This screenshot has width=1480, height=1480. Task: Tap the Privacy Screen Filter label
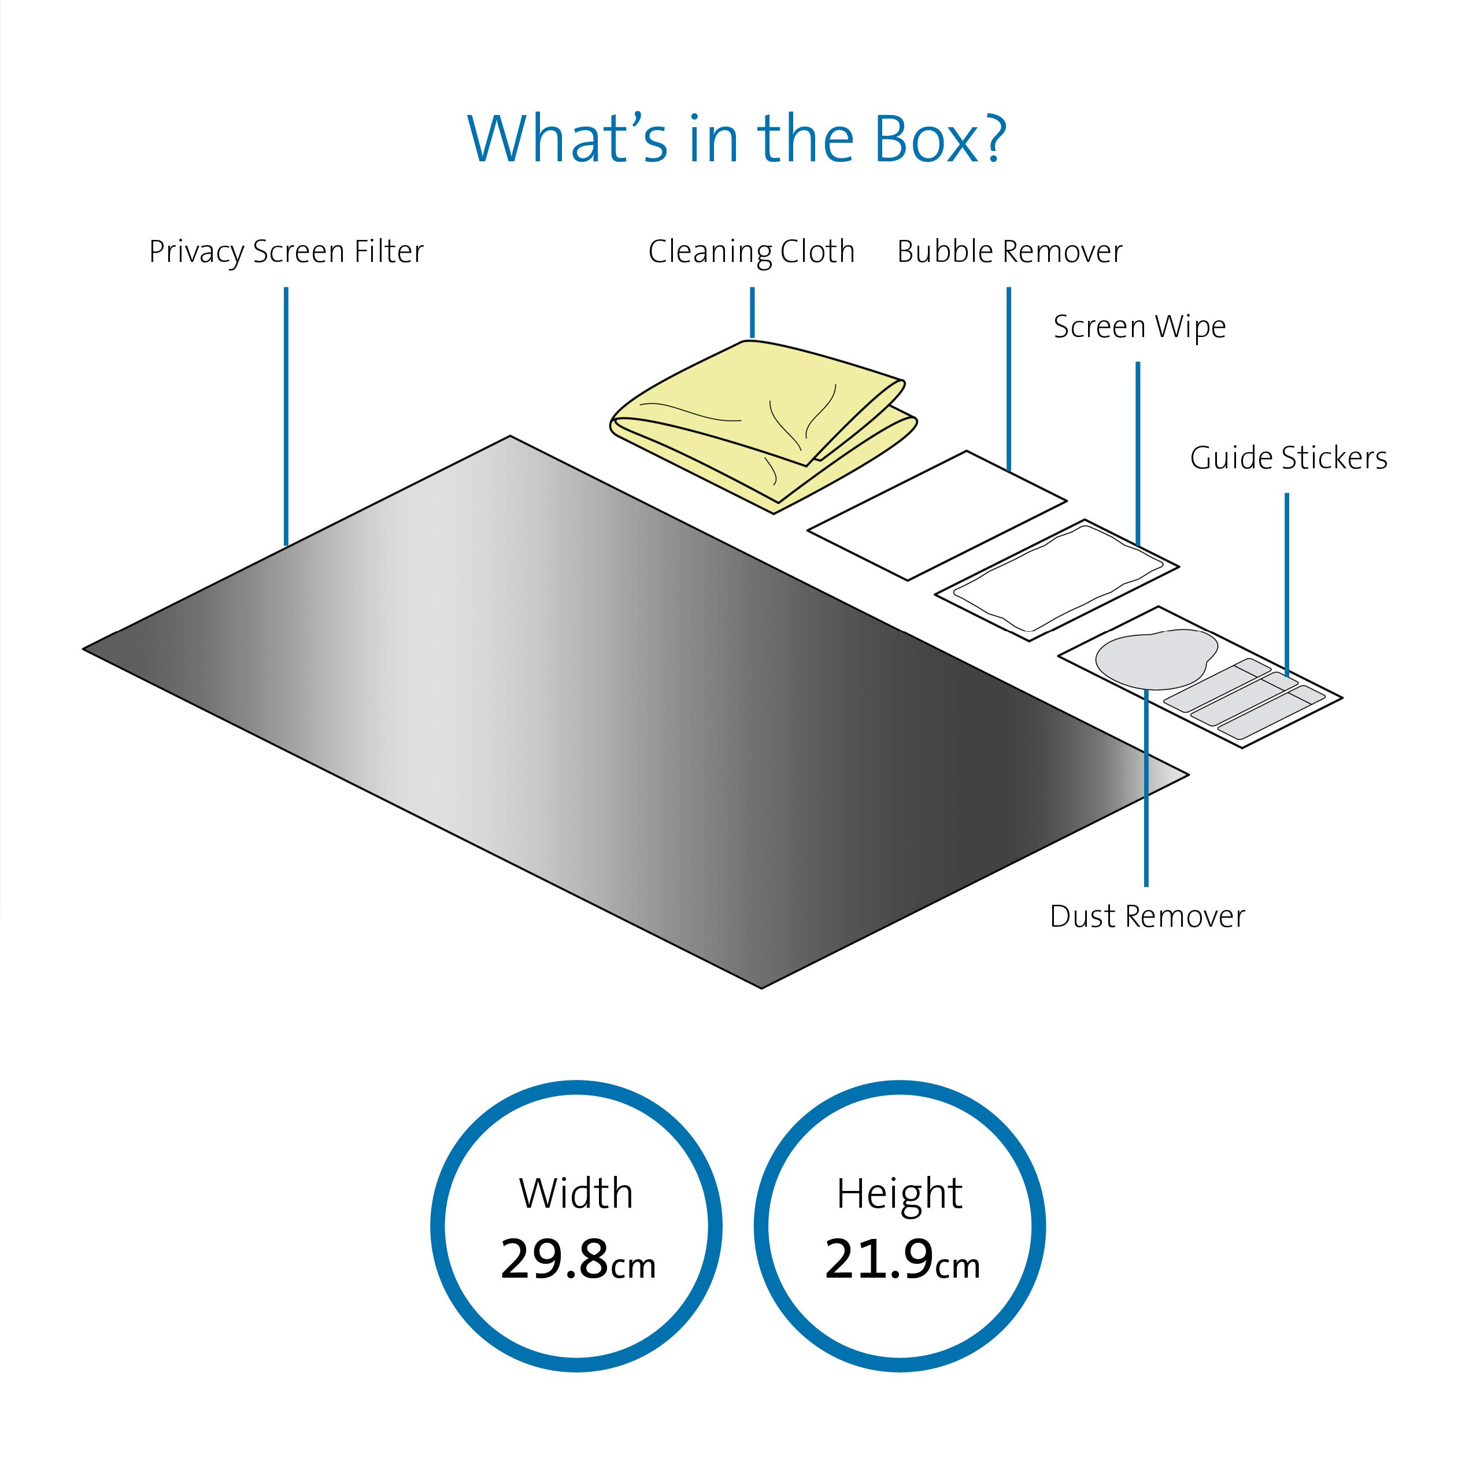coord(286,251)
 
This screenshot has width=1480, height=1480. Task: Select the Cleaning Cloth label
coord(752,251)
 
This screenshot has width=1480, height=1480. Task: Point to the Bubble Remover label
coord(1009,251)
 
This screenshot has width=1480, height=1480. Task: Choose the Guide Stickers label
coord(1289,458)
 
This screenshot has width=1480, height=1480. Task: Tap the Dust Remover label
coord(1147,916)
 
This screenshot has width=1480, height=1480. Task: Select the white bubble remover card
coord(937,516)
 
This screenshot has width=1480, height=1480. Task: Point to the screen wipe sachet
coord(1056,580)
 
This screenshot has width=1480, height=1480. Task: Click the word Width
coord(576,1193)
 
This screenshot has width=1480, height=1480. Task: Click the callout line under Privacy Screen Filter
coord(286,417)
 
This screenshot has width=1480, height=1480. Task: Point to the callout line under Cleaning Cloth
coord(752,313)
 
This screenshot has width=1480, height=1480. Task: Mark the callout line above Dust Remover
coord(1146,788)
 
